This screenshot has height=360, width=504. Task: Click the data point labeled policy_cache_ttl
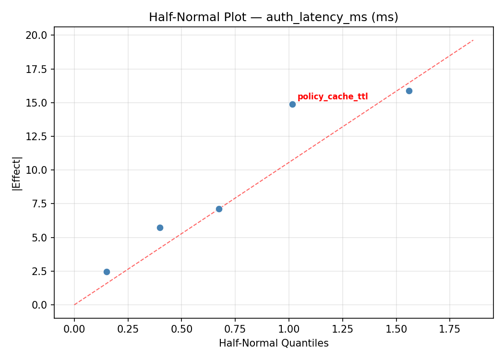tap(292, 104)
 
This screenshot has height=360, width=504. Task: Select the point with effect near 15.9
tap(409, 91)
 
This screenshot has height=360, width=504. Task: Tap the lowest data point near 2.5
tap(107, 272)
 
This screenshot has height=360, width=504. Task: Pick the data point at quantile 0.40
tap(160, 228)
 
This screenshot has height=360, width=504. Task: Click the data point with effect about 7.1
tap(219, 209)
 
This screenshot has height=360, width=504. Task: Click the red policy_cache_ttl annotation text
tap(333, 97)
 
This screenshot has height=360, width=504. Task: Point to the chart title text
tap(274, 17)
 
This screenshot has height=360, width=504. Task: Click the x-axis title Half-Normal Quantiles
tap(274, 343)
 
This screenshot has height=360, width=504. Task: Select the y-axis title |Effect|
tap(17, 173)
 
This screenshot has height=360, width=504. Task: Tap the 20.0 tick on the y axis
tap(37, 36)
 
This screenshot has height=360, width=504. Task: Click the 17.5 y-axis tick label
tap(37, 69)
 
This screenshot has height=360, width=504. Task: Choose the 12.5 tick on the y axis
tap(37, 137)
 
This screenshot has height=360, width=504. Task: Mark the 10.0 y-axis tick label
tap(37, 170)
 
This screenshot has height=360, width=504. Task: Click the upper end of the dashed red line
tap(473, 40)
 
